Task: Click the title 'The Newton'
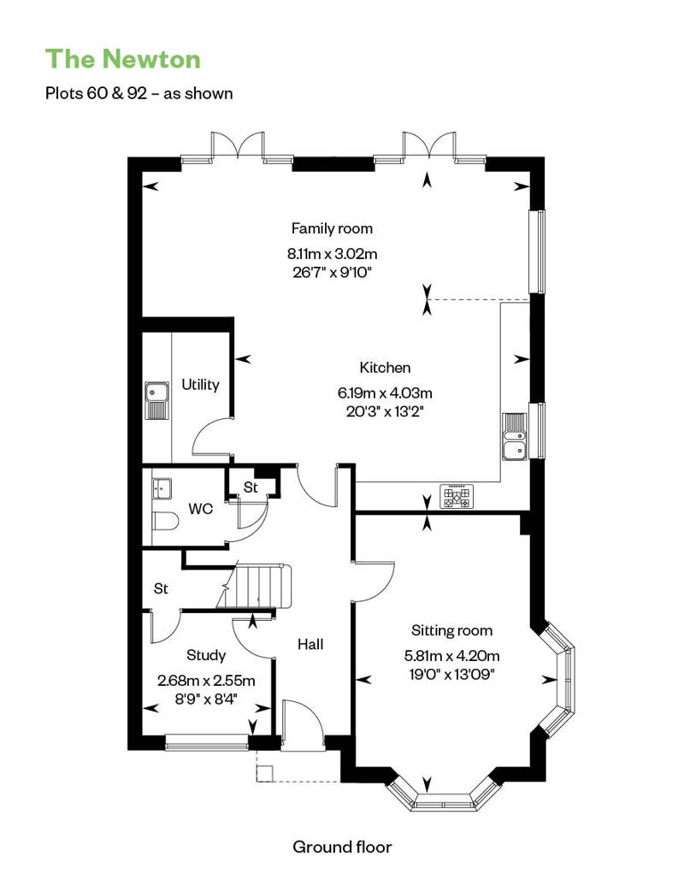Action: tap(122, 59)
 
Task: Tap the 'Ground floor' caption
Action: tap(342, 847)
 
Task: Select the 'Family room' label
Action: tap(332, 228)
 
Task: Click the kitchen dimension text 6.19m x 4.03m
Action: tap(385, 393)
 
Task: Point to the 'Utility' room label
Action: tap(201, 385)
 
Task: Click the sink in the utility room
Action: tap(157, 400)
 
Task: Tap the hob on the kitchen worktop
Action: tap(457, 497)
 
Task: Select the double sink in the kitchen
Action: tap(515, 437)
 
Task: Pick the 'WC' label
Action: tap(201, 509)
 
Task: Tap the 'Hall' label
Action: tap(310, 644)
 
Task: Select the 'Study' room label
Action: tap(206, 655)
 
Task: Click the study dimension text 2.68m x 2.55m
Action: tap(206, 681)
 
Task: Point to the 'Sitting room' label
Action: tap(451, 630)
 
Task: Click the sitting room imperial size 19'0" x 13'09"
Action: tap(451, 674)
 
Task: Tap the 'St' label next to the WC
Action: tap(251, 487)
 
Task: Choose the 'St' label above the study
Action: tap(161, 588)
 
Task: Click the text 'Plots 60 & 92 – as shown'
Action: tap(139, 93)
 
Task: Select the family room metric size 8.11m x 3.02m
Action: tap(332, 253)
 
